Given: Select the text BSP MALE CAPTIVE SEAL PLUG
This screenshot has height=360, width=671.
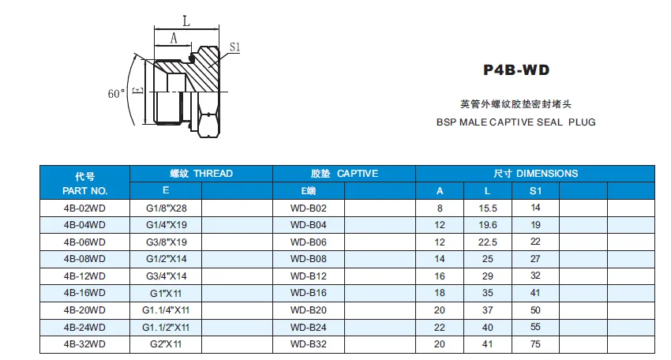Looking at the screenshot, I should (515, 122).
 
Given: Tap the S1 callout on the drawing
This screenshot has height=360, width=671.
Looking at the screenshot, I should (234, 47).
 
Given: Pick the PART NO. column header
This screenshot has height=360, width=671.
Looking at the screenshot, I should (84, 190).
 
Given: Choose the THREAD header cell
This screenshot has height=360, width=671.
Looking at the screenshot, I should (201, 174).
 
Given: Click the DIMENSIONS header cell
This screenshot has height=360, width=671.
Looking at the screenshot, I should (535, 174).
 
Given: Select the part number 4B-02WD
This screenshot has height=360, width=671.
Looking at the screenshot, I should (84, 208).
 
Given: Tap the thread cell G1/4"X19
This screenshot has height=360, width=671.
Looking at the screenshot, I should (166, 225).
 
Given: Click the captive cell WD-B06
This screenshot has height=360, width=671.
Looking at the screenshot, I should (308, 242).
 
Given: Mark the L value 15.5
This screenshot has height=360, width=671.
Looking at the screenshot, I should (487, 208).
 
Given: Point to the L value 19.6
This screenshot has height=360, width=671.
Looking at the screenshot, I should (487, 225).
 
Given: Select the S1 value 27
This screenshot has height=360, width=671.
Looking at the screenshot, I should (535, 259).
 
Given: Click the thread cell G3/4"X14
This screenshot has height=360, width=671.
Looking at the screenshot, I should (166, 276).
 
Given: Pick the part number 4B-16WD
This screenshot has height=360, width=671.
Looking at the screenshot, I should (84, 293).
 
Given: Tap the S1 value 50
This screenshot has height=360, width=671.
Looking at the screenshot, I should (535, 310).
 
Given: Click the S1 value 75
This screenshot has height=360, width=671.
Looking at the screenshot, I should (535, 344).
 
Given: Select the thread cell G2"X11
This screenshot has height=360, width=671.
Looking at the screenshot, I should (166, 344).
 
